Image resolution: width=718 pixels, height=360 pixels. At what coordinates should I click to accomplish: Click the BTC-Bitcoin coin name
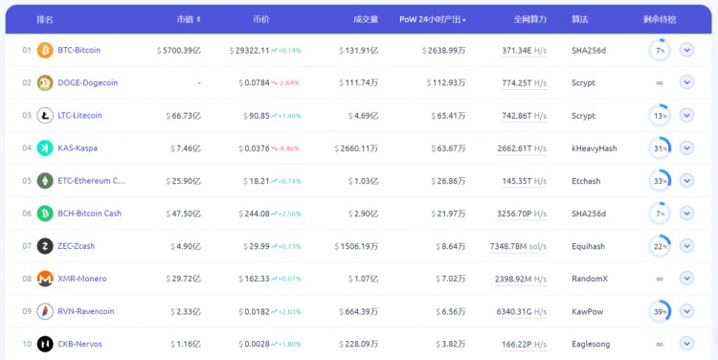point(79,50)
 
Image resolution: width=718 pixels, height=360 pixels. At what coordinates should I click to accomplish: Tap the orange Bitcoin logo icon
point(45,50)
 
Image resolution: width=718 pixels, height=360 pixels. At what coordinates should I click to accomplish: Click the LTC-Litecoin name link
point(79,116)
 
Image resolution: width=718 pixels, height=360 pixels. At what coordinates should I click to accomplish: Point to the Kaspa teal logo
point(45,148)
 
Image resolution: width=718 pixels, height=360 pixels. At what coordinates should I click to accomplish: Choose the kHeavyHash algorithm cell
point(594,148)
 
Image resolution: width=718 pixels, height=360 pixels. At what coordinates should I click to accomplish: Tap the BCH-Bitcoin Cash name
point(89,214)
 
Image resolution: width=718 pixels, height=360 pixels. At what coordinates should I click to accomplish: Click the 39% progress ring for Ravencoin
point(659,311)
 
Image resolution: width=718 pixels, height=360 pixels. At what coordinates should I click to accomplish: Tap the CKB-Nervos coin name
point(79,344)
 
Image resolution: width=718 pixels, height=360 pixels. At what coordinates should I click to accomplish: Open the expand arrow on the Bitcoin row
point(686,50)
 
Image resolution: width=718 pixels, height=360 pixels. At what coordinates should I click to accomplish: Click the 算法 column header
point(580,19)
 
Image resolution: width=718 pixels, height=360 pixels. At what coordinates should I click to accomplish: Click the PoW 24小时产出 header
point(432,19)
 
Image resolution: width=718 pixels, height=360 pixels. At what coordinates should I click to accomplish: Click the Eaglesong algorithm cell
point(591,344)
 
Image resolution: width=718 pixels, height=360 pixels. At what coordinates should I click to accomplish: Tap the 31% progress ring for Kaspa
point(659,148)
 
